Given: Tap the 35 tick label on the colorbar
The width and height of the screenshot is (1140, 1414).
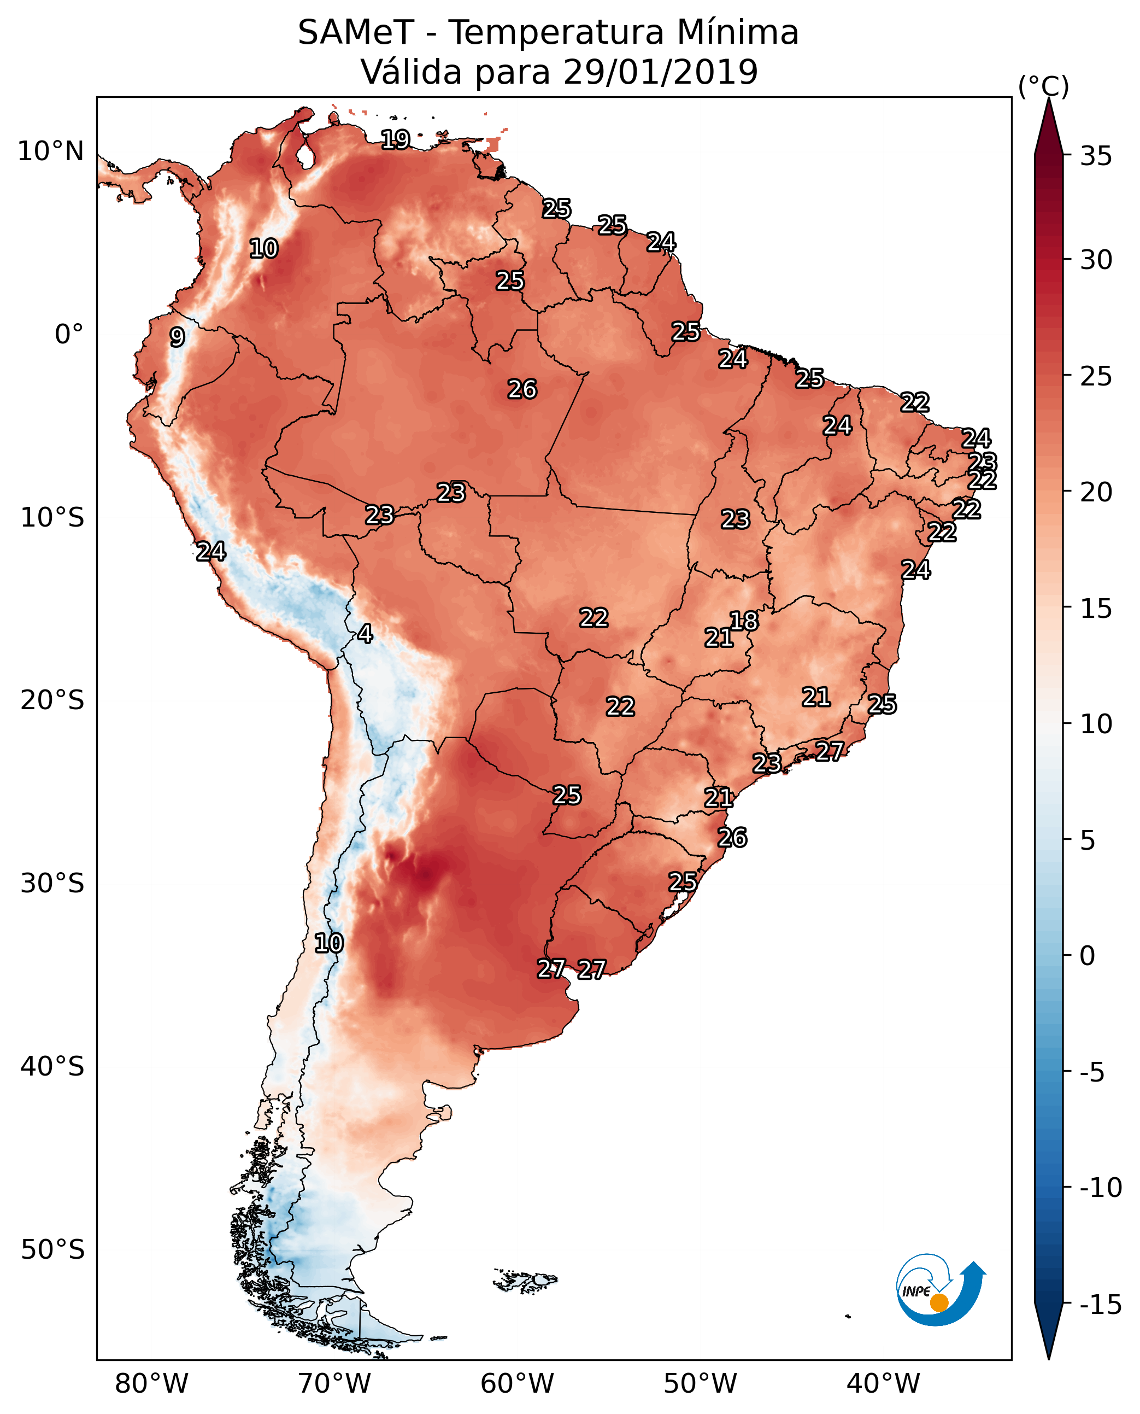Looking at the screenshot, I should tap(1096, 156).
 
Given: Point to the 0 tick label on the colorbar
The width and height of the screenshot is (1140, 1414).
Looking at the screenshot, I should tap(1088, 955).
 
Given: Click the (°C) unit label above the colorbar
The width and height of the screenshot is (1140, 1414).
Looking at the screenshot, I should tap(1043, 86).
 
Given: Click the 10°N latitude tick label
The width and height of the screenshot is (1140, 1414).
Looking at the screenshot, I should tap(51, 152).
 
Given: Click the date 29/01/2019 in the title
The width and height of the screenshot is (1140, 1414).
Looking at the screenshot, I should tap(660, 72).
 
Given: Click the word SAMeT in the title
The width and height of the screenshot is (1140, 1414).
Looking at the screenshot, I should tap(355, 32).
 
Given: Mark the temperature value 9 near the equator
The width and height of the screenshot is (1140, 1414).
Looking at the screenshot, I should tap(177, 337).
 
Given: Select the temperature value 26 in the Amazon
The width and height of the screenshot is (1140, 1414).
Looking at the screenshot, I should tap(522, 390).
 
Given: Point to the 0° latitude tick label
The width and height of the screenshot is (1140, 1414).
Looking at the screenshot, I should tap(69, 335).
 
